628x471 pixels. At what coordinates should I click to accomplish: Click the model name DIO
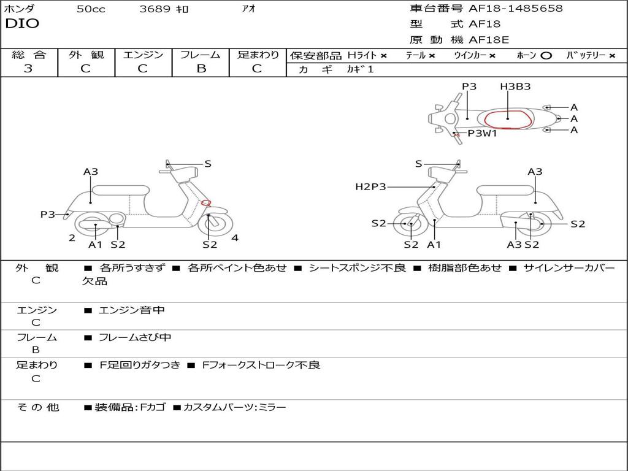(22, 24)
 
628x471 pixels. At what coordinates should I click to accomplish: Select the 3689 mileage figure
(155, 9)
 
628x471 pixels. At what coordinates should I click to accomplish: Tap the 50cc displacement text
(91, 9)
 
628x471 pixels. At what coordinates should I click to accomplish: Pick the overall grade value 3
(28, 69)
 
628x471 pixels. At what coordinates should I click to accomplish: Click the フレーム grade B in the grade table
(201, 69)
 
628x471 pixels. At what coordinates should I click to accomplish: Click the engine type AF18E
(489, 40)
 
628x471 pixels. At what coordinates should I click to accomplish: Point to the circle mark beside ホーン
(546, 56)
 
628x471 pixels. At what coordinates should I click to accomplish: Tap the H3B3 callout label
(515, 86)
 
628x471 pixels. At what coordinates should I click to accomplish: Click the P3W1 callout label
(482, 133)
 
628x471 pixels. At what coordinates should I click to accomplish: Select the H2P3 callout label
(370, 186)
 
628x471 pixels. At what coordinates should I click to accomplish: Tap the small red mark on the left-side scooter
(206, 203)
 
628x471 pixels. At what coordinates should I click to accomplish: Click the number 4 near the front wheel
(235, 238)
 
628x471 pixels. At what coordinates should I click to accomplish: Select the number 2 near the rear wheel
(72, 238)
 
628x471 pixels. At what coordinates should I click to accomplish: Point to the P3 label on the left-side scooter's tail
(48, 214)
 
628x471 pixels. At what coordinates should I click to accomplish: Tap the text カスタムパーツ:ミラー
(234, 407)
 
